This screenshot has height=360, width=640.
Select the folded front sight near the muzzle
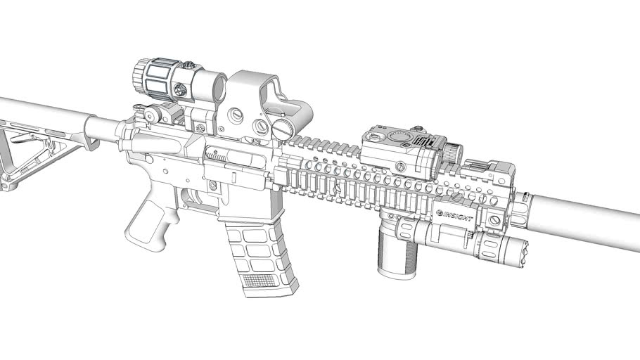492,169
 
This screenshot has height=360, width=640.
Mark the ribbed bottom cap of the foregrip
393,270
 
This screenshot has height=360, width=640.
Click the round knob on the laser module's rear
454,152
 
